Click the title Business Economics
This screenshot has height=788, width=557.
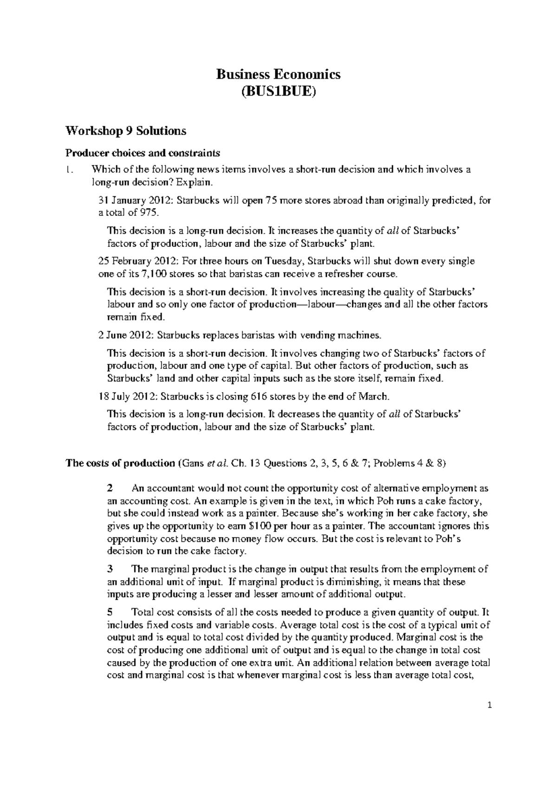pos(278,74)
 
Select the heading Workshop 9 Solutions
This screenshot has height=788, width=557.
pos(126,131)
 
